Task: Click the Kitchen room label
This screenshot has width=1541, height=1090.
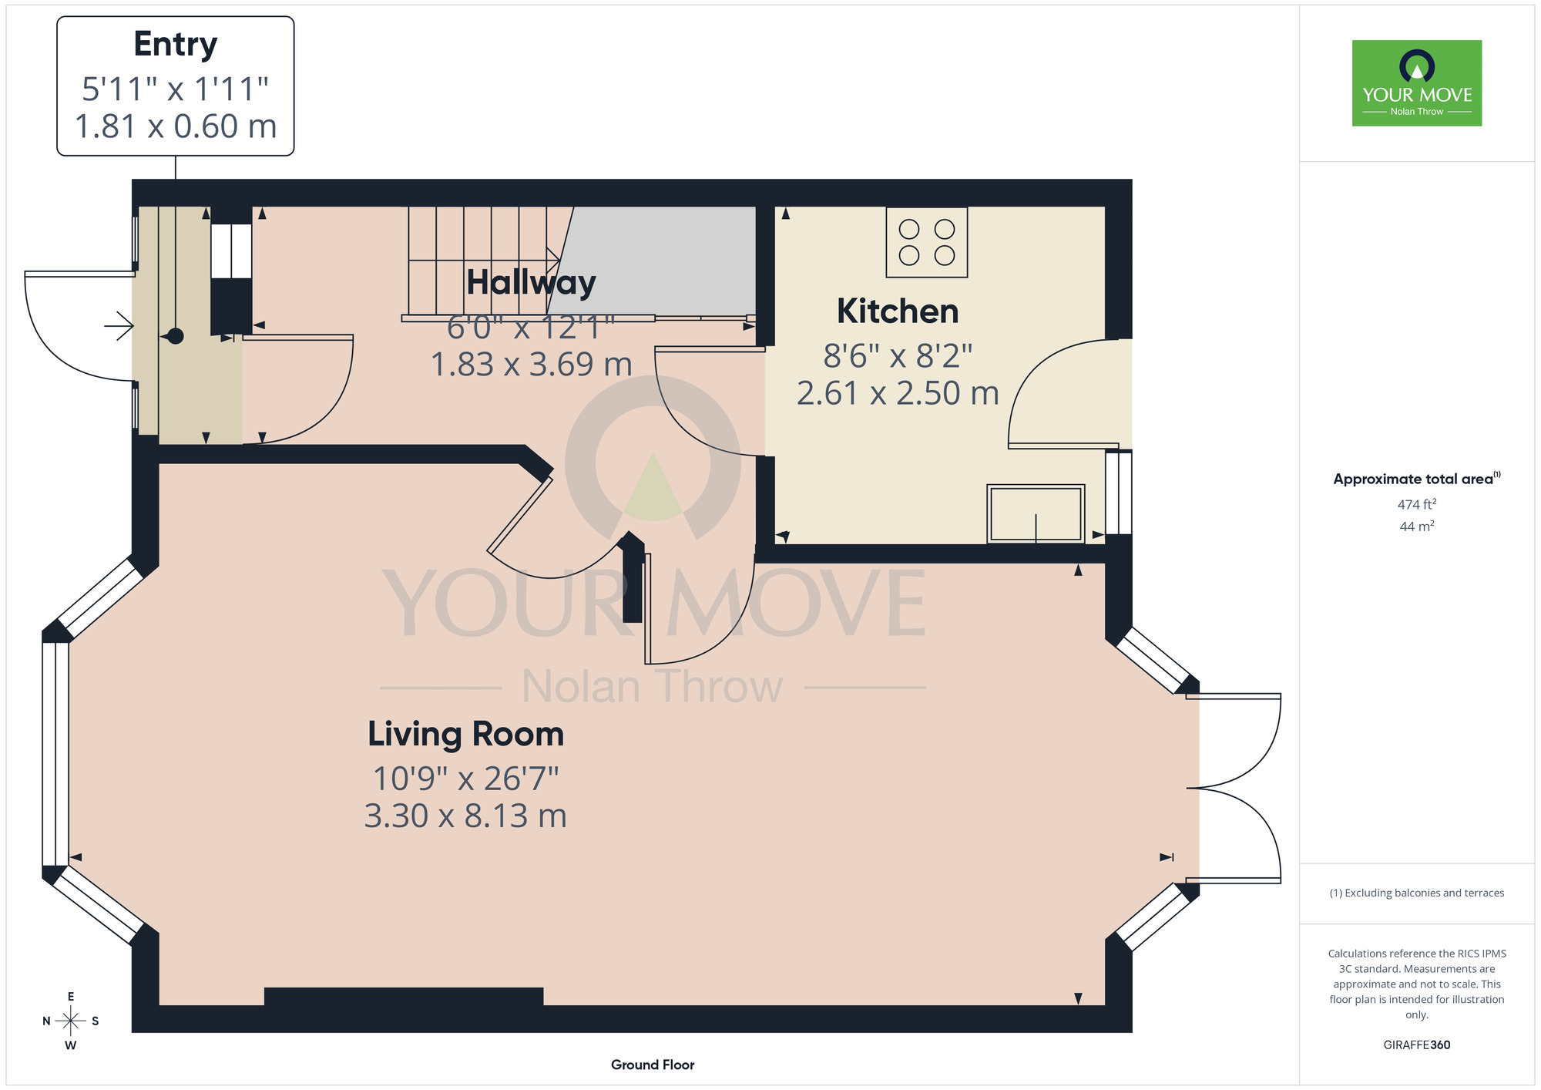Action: [x=898, y=311]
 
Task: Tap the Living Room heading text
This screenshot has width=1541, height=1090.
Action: [x=465, y=734]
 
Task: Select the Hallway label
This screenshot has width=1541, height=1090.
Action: [x=531, y=283]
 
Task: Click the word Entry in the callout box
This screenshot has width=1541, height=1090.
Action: [x=176, y=45]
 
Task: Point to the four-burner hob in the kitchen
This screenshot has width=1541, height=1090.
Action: [x=927, y=242]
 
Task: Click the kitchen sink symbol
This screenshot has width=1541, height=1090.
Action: [x=1036, y=513]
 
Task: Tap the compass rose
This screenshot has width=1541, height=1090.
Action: [x=71, y=1021]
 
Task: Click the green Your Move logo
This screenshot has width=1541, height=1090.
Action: [x=1417, y=83]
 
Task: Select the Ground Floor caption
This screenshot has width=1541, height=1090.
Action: [x=653, y=1065]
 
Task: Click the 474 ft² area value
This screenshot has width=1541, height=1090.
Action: [x=1417, y=504]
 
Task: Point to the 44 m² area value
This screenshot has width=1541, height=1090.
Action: [x=1417, y=526]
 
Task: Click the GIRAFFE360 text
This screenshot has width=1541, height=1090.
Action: [x=1417, y=1045]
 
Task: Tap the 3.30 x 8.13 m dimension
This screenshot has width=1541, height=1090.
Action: [x=465, y=816]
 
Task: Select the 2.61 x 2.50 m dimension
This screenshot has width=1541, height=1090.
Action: [x=898, y=393]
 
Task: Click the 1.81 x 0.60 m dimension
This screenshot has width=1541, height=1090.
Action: [x=176, y=126]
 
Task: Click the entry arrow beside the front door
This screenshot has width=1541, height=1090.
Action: [x=119, y=326]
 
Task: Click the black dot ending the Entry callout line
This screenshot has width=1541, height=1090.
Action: [x=176, y=336]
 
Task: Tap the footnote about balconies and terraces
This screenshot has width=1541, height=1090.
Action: [x=1417, y=893]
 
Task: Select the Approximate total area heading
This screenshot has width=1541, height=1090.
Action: [x=1417, y=479]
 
